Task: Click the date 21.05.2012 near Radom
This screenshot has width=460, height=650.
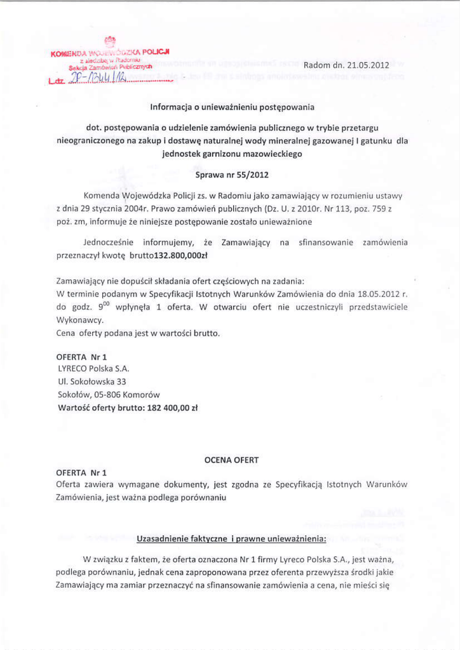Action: (366, 65)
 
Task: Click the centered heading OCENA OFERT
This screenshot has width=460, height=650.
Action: (231, 459)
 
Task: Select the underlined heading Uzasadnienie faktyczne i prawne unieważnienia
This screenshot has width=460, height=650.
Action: (231, 540)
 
